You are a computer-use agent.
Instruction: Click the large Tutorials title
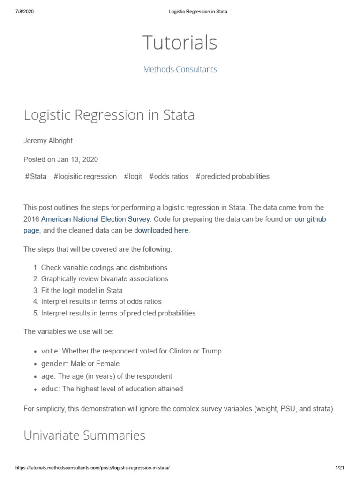click(180, 43)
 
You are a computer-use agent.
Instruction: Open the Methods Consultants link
click(180, 69)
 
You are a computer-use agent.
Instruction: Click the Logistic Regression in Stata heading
click(109, 115)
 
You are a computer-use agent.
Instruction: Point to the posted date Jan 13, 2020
click(61, 159)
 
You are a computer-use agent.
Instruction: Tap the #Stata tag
click(36, 177)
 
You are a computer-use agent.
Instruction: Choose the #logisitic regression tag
click(85, 177)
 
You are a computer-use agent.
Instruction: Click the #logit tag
click(133, 177)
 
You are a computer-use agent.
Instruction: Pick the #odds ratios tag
click(169, 177)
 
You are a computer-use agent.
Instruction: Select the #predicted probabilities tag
click(232, 177)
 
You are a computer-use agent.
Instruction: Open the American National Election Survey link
click(96, 219)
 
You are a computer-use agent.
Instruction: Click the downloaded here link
click(161, 231)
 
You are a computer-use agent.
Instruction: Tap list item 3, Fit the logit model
click(82, 290)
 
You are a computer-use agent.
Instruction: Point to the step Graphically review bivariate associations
click(104, 279)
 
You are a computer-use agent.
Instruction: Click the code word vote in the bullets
click(50, 351)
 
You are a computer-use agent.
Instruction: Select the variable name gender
click(53, 364)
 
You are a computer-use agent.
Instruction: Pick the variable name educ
click(50, 389)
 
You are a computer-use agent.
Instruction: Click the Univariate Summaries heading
click(84, 435)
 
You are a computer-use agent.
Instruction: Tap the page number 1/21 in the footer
click(340, 469)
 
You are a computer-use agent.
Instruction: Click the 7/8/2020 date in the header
click(24, 12)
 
